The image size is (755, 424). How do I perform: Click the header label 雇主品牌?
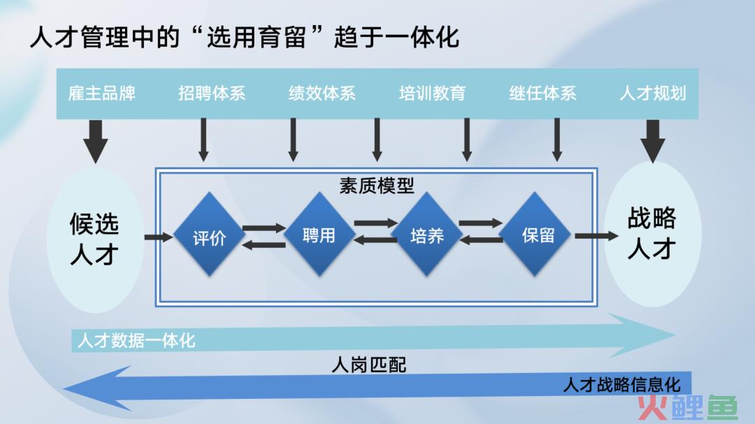click(x=101, y=93)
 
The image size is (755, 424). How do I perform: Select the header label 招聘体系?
click(x=212, y=93)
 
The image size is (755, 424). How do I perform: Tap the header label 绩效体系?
click(x=322, y=93)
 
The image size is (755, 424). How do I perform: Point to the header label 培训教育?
click(x=432, y=93)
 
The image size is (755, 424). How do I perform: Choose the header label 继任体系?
click(x=542, y=93)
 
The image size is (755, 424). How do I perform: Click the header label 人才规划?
click(x=653, y=93)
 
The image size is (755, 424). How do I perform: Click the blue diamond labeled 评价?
click(x=210, y=234)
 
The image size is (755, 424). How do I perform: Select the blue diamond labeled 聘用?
click(x=319, y=234)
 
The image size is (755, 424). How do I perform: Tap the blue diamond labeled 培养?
click(x=427, y=234)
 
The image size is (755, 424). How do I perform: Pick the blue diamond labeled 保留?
click(x=535, y=234)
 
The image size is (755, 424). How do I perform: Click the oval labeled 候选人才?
click(x=95, y=239)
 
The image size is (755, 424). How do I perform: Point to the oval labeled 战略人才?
click(x=652, y=234)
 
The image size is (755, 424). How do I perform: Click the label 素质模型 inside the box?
click(x=377, y=185)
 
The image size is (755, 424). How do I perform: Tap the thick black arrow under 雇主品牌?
click(x=95, y=141)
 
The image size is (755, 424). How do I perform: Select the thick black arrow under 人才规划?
click(x=652, y=141)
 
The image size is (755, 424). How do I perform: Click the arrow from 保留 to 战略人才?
click(x=596, y=236)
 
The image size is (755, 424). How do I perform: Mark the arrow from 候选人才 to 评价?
click(x=159, y=236)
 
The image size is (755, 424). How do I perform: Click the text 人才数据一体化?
click(x=136, y=341)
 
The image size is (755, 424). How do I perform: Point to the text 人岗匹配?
click(x=369, y=365)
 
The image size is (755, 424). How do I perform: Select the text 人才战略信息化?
click(x=622, y=385)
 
